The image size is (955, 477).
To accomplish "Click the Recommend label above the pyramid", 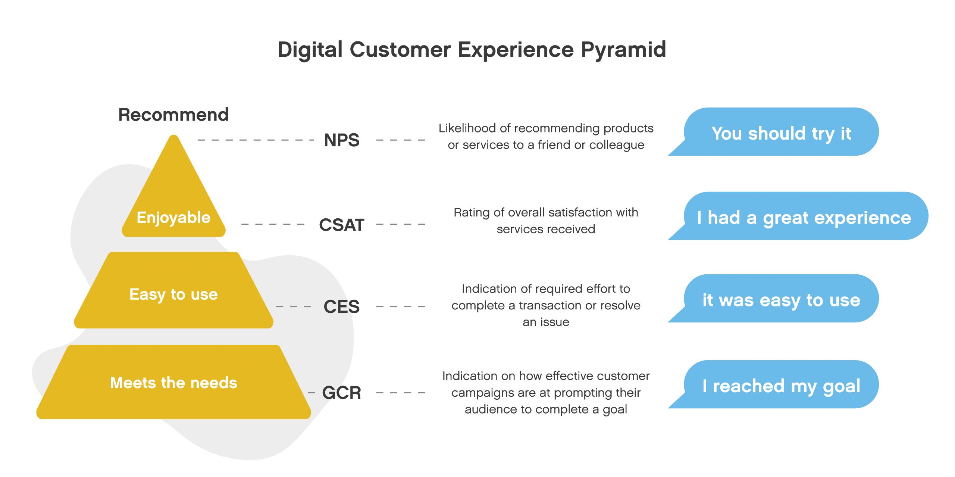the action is coord(173,115).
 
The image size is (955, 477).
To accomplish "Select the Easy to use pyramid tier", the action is coord(173,290).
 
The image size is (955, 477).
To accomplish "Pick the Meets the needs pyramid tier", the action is coord(173,382).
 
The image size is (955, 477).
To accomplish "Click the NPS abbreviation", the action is coord(342,140).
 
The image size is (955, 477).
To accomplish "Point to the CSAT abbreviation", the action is coord(342,225).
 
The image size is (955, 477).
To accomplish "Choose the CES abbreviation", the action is coord(342,307).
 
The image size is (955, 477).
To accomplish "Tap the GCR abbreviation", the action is coord(342,393).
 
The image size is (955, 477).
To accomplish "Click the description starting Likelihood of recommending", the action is coord(546,136).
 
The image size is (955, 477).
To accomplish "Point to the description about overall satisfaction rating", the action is coord(546,221).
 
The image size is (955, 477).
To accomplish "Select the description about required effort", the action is coord(546,305).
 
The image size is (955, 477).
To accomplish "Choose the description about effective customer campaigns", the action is coord(546,392).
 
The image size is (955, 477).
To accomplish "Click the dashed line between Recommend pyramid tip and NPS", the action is coord(256,140).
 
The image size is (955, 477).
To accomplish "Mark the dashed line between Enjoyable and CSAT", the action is coord(273,224).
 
